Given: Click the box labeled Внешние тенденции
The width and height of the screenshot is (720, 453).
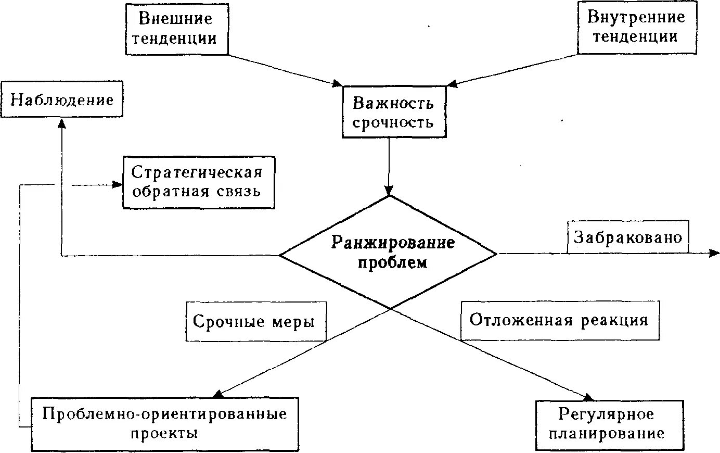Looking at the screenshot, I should tap(177, 29).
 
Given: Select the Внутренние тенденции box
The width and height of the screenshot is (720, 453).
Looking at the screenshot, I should tap(636, 27).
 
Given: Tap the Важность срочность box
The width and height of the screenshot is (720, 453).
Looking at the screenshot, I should tap(393, 112).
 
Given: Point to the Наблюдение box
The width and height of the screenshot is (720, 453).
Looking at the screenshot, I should tap(62, 99).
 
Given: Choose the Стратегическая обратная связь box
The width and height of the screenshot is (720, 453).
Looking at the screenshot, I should tap(198, 182).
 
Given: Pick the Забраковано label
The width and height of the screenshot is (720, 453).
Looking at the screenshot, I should tap(627, 237).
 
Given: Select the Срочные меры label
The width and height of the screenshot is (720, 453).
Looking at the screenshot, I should tap(255, 321).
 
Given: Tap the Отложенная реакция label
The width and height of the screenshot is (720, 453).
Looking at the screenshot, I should tap(559, 320).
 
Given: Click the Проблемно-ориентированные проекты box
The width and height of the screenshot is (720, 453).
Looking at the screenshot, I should tap(165, 424).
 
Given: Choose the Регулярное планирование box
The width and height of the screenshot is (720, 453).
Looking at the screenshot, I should tap(609, 424).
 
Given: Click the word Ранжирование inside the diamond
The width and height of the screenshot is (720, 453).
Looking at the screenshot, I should tap(393, 243).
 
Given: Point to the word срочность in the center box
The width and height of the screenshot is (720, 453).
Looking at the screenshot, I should tap(393, 123).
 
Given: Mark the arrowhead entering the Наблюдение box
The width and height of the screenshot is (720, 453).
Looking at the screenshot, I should tap(62, 123).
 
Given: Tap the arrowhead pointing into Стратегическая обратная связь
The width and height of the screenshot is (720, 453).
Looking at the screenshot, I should tap(118, 184).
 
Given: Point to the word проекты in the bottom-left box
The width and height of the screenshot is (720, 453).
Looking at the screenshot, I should tap(164, 433).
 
